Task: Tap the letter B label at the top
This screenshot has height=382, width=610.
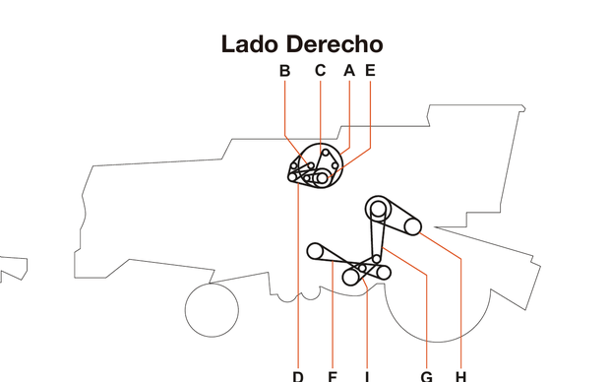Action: coord(284,70)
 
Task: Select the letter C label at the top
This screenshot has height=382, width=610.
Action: coord(320,70)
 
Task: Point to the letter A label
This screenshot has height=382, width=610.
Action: coord(348,70)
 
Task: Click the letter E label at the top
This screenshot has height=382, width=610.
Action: coord(370,70)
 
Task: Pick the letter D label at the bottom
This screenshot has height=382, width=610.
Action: coord(297,375)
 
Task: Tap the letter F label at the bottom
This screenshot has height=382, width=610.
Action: coord(333,375)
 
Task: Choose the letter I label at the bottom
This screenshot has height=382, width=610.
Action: coord(366,375)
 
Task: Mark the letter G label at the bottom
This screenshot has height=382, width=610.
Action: coord(426,375)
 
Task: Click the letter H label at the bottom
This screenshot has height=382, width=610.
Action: coord(460,375)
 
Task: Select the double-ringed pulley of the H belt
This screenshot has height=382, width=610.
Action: coord(378,208)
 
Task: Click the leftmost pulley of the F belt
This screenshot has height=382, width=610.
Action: coord(315,250)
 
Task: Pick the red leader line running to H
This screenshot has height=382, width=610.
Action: coord(460,305)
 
